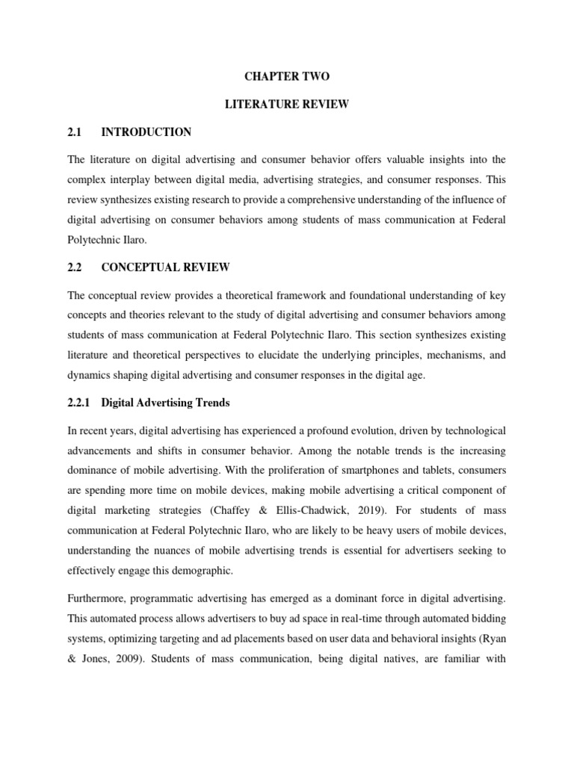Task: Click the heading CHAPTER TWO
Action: pos(287,77)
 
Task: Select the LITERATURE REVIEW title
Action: pos(287,105)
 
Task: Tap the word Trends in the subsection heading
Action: pos(210,403)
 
